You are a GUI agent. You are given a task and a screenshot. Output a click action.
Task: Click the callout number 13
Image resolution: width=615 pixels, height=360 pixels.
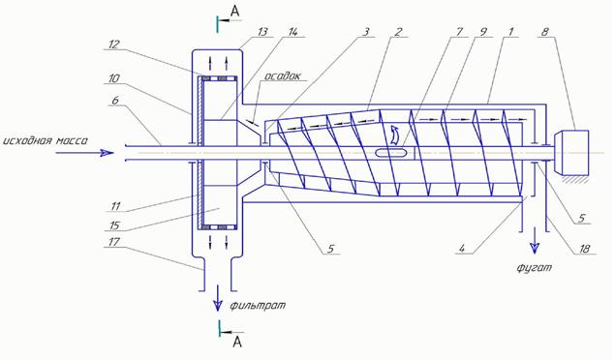pos(262,31)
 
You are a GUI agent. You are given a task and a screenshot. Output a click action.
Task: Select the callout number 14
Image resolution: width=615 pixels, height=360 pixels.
pos(293,31)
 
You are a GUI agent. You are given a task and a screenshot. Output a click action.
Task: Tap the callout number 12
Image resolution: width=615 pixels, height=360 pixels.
pos(113,45)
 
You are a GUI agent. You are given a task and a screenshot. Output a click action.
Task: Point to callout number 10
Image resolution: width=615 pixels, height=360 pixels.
pos(113,78)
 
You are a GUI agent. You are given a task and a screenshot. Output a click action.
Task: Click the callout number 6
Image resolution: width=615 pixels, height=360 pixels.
pos(115,101)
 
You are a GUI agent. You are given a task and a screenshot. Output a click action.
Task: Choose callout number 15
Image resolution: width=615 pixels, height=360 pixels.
pos(114,225)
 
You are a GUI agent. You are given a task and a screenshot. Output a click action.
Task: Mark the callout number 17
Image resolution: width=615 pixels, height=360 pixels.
pos(113,242)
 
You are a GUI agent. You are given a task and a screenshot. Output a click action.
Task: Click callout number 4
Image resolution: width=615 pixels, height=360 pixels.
pos(462,249)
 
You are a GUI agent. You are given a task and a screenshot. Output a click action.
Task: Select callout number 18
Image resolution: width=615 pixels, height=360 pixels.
pos(584,249)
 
